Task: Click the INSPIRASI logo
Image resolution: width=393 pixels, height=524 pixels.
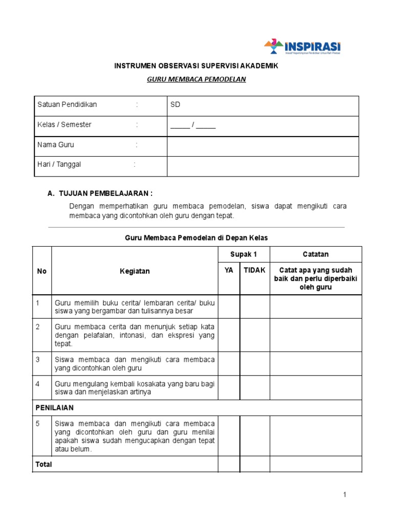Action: tap(302, 46)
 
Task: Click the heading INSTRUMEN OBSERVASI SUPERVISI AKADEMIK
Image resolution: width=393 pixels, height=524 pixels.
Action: tap(196, 67)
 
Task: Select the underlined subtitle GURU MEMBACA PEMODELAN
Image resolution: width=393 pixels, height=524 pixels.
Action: tap(196, 79)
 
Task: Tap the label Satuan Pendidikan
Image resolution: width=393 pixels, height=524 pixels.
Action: tap(67, 104)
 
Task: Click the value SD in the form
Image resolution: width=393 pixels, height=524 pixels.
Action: tap(176, 104)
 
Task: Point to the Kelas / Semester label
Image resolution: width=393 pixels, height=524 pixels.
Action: tap(64, 124)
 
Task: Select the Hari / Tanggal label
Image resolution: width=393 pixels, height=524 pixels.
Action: tap(59, 164)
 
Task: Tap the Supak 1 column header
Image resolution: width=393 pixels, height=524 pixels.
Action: tap(244, 254)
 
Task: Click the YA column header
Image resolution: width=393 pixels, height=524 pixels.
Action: tap(229, 270)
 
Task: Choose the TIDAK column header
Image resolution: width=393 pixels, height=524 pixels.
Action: tap(254, 270)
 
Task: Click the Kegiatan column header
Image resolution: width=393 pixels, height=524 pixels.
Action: tap(135, 271)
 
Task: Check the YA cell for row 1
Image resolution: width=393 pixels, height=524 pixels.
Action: tap(229, 307)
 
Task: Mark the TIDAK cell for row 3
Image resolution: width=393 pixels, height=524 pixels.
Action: tap(254, 363)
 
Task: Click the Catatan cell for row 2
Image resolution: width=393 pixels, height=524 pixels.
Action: tap(316, 335)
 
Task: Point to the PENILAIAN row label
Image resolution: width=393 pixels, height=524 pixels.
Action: tap(55, 408)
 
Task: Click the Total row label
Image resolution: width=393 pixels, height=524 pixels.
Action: tap(43, 464)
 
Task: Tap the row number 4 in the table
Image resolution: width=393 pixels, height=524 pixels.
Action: tap(38, 384)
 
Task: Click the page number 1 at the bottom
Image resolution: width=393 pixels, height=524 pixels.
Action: tap(345, 494)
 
